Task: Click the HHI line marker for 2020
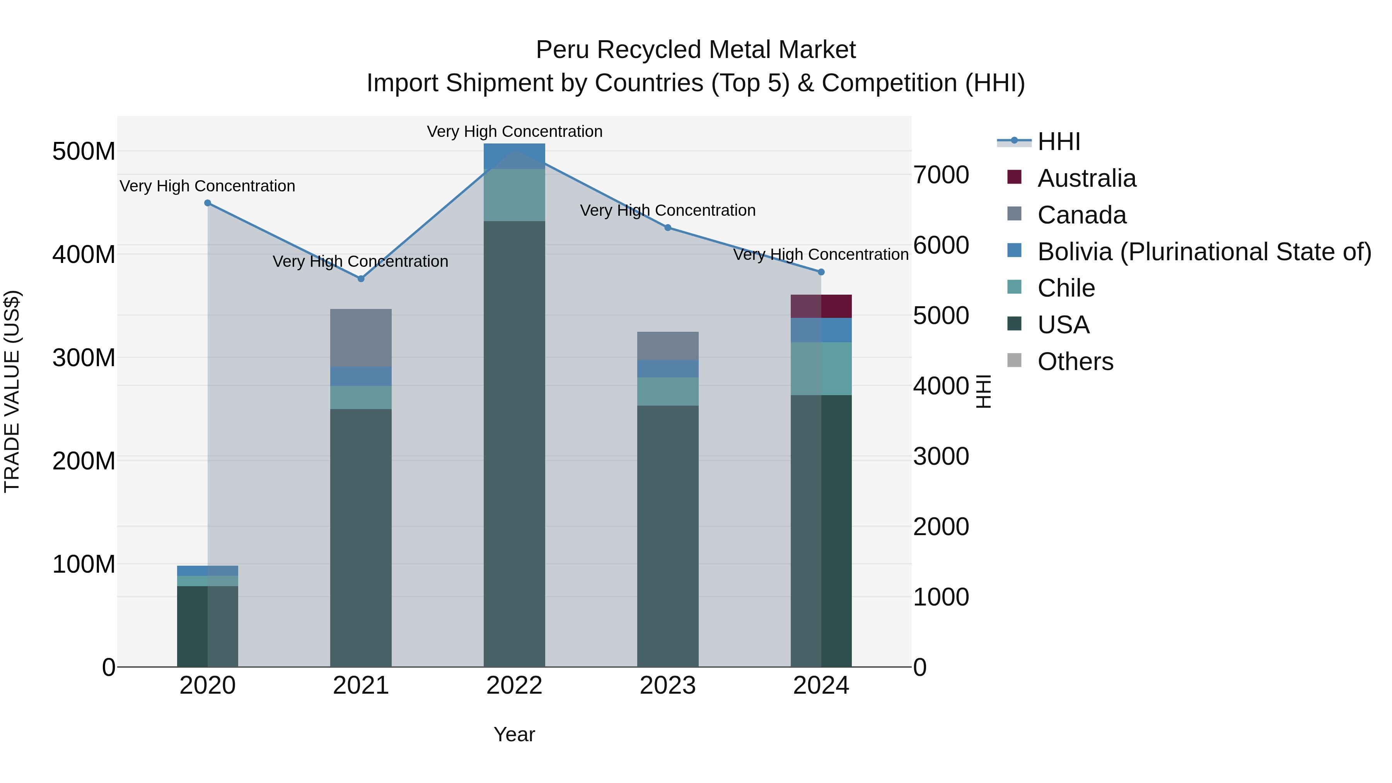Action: [208, 203]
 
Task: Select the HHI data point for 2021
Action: [361, 279]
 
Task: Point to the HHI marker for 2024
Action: [821, 272]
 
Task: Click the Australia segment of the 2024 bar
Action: [821, 306]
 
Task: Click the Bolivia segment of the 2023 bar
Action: [667, 368]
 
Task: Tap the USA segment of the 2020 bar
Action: [208, 626]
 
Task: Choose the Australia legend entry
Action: [1086, 178]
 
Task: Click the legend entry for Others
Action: [1075, 362]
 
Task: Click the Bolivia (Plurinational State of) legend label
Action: [1204, 252]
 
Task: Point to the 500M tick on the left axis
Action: [84, 151]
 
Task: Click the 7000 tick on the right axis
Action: [941, 175]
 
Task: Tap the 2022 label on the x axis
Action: [514, 686]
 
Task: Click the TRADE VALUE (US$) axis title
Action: [12, 391]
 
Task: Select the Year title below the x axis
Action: [514, 734]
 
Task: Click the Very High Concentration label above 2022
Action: [514, 131]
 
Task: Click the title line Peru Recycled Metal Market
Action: [696, 50]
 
